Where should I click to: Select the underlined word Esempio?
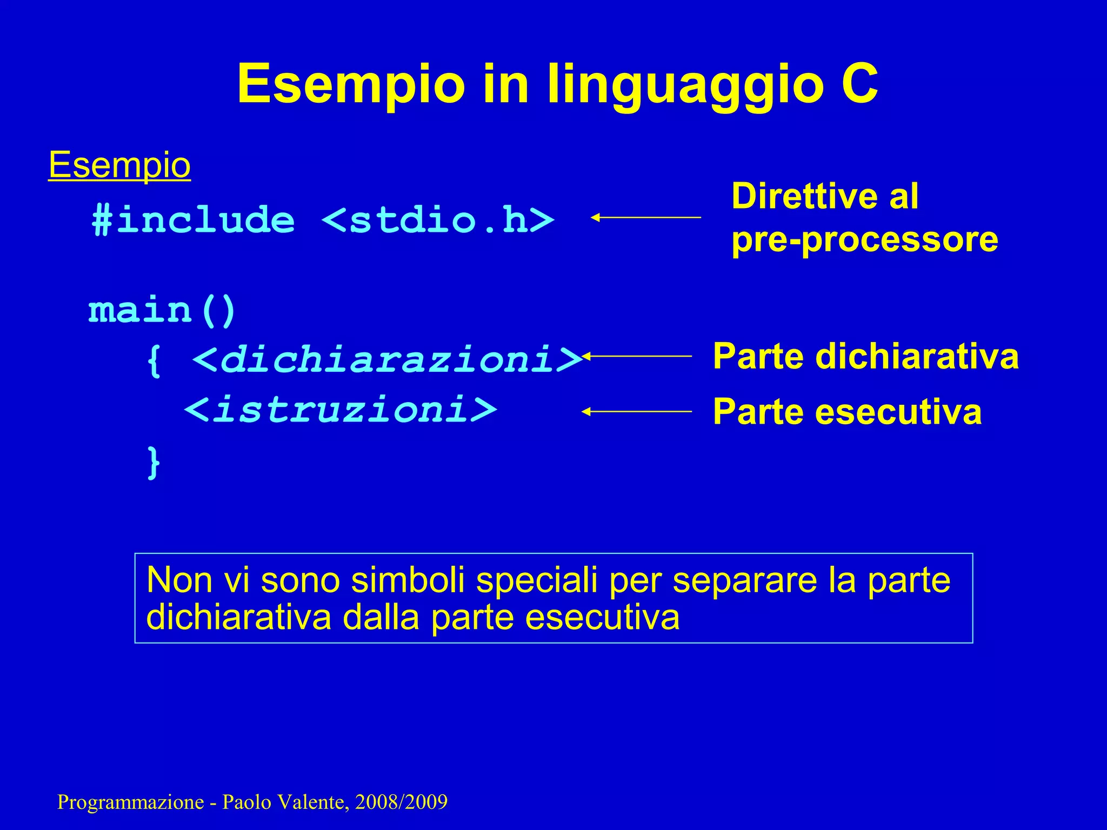pyautogui.click(x=119, y=165)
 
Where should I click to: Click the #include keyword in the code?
pyautogui.click(x=194, y=220)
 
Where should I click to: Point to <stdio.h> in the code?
pyautogui.click(x=438, y=220)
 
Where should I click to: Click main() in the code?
pyautogui.click(x=162, y=311)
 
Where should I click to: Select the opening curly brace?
pyautogui.click(x=154, y=359)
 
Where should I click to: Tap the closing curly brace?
pyautogui.click(x=154, y=462)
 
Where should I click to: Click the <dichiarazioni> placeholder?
pyautogui.click(x=387, y=359)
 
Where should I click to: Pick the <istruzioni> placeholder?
pyautogui.click(x=341, y=410)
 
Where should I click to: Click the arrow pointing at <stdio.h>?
pyautogui.click(x=645, y=217)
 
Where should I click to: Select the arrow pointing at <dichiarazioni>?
pyautogui.click(x=638, y=356)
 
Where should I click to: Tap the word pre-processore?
pyautogui.click(x=864, y=239)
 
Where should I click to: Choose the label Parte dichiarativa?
pyautogui.click(x=865, y=357)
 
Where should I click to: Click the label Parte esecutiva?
pyautogui.click(x=847, y=412)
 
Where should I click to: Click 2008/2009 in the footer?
pyautogui.click(x=401, y=802)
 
